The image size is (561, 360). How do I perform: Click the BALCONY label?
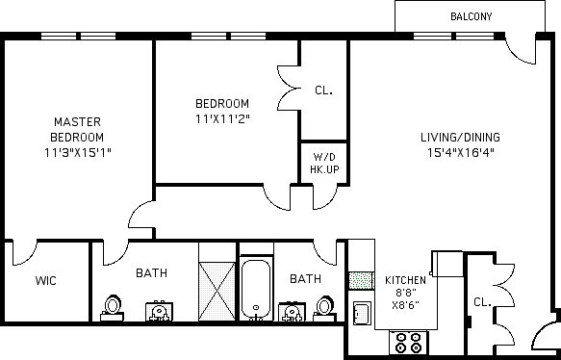coord(471,16)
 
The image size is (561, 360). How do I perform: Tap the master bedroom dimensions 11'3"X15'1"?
coord(78,153)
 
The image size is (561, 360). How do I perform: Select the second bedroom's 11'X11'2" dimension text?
coord(222,118)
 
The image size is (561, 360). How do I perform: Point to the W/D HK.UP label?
coord(324,164)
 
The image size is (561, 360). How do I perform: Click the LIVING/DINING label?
coord(460,137)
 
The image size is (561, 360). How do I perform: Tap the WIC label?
coord(46,280)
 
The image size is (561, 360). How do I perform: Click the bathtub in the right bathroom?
coord(256,290)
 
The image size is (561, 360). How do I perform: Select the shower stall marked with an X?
coord(217,292)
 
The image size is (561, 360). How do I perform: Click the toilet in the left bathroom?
coord(113,308)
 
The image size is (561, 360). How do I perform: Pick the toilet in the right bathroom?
coord(325,308)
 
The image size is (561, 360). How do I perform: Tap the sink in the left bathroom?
coord(159,311)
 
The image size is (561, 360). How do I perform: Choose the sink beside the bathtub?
coord(292,312)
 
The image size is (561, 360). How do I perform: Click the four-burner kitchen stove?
coord(409,343)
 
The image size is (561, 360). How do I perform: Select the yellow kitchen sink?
coord(362,313)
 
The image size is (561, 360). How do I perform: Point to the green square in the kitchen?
coord(362,280)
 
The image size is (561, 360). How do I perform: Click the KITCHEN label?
coord(405,280)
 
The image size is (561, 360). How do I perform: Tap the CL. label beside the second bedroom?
coord(323,90)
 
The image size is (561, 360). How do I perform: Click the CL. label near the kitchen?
coord(482,302)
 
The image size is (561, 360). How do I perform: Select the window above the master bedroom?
coord(78,37)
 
